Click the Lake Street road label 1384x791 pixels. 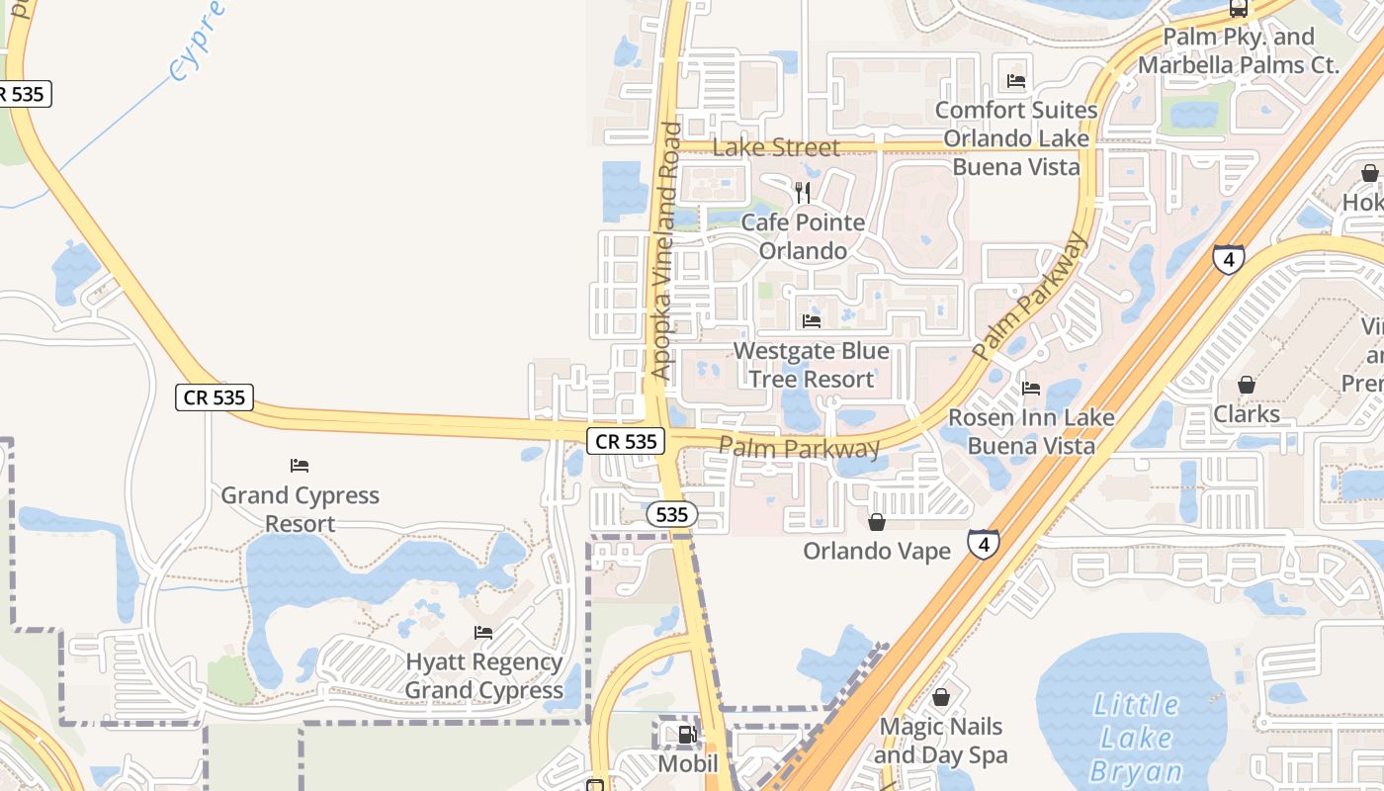[776, 147]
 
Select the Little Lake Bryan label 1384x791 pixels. [1136, 738]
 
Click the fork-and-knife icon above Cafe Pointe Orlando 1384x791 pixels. [803, 192]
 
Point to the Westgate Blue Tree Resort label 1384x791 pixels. [812, 365]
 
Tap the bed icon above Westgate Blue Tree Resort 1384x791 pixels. [812, 321]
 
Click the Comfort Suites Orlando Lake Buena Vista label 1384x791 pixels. [1016, 138]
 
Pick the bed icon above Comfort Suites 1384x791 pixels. [1016, 81]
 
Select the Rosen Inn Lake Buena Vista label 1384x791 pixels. [1031, 432]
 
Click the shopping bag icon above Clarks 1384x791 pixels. [1247, 385]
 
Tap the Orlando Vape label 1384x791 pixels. [877, 551]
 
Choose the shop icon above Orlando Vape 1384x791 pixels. [877, 521]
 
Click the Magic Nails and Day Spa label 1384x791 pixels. [941, 741]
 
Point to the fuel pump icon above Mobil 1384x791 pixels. [686, 735]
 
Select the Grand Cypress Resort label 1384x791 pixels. [300, 509]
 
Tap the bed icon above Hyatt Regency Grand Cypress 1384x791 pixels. [483, 633]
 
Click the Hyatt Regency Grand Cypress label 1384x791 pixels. [484, 676]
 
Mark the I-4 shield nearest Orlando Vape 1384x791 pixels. [983, 544]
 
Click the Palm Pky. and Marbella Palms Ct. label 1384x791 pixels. [1239, 51]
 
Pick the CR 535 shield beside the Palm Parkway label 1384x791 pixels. [627, 441]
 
